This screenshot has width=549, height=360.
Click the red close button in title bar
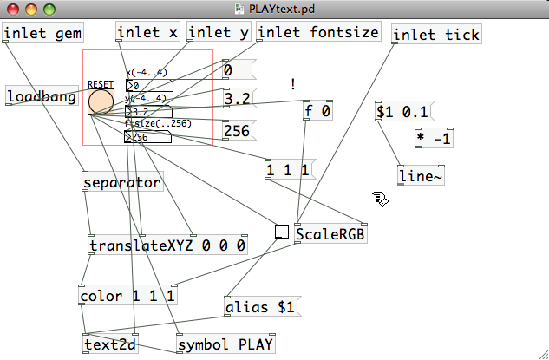[13, 10]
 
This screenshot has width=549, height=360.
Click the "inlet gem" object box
[42, 34]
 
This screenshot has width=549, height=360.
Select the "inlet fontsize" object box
[318, 33]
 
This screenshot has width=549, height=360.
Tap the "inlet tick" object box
[436, 35]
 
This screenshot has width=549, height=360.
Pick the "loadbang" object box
[41, 96]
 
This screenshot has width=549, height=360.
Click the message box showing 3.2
[237, 100]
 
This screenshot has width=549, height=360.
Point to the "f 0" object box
[317, 111]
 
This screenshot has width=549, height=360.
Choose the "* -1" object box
[434, 138]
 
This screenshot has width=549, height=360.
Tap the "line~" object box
[420, 176]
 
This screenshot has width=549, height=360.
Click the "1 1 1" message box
[287, 170]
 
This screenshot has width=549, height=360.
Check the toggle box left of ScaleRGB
[282, 232]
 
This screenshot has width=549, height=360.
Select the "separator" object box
[122, 183]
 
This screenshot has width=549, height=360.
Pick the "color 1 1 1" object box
[127, 296]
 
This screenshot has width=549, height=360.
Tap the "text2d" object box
[111, 344]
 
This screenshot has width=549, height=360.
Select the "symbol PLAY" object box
[225, 344]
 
